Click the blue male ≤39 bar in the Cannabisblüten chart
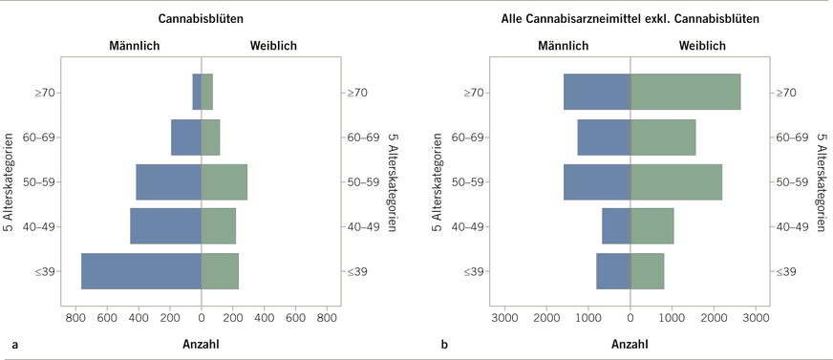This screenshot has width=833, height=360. pyautogui.click(x=141, y=270)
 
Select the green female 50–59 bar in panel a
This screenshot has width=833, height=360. pyautogui.click(x=224, y=181)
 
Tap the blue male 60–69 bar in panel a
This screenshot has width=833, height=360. pyautogui.click(x=186, y=137)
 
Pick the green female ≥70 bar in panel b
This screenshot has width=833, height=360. pyautogui.click(x=685, y=92)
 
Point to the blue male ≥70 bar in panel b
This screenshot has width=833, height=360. pyautogui.click(x=597, y=92)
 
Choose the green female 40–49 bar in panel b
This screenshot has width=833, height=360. pyautogui.click(x=651, y=226)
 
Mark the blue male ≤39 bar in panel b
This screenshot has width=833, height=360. pyautogui.click(x=613, y=270)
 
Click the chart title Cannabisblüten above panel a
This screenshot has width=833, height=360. pyautogui.click(x=201, y=17)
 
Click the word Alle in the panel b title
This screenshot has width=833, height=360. pyautogui.click(x=515, y=17)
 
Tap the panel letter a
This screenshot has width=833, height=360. pyautogui.click(x=13, y=342)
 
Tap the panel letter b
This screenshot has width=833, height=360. pyautogui.click(x=444, y=342)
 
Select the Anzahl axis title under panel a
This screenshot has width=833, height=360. pyautogui.click(x=201, y=342)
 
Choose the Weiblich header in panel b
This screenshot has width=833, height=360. pyautogui.click(x=701, y=45)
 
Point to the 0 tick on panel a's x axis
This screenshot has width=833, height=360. pyautogui.click(x=201, y=316)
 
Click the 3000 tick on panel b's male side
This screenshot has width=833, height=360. pyautogui.click(x=504, y=316)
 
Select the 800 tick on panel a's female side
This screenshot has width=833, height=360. pyautogui.click(x=327, y=316)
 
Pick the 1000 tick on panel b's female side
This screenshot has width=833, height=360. pyautogui.click(x=672, y=316)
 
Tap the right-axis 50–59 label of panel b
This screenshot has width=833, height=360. pyautogui.click(x=793, y=181)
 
